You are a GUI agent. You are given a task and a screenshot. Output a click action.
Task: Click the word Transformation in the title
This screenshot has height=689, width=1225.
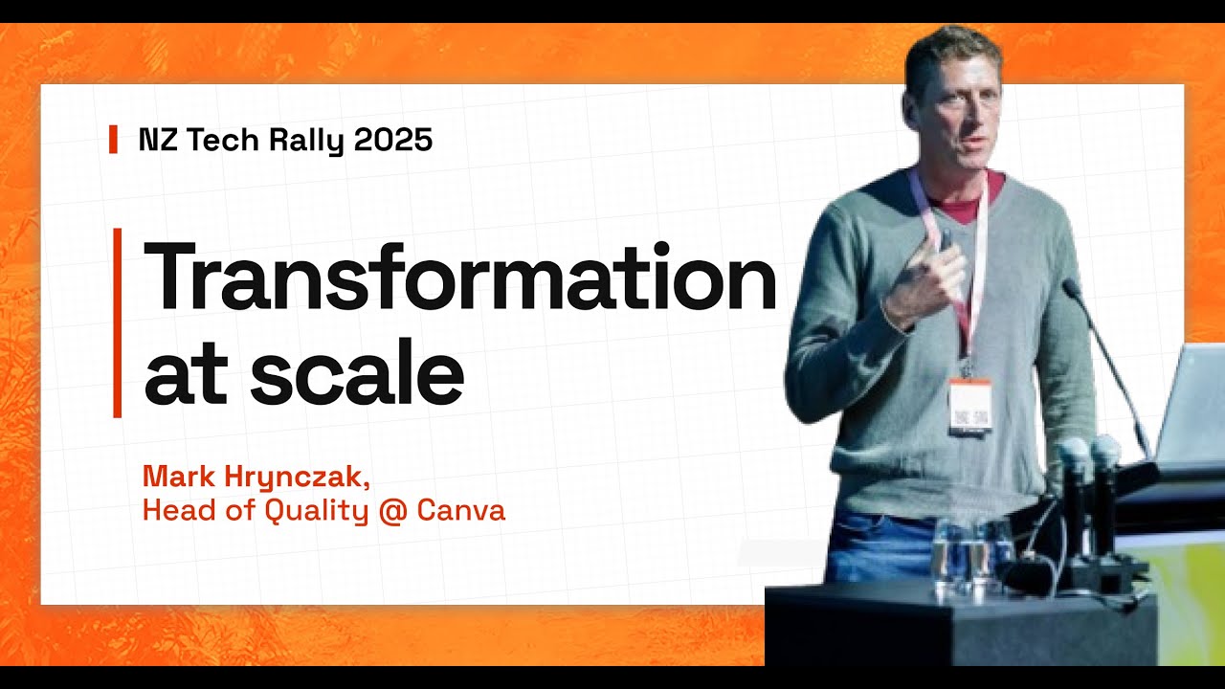(459, 277)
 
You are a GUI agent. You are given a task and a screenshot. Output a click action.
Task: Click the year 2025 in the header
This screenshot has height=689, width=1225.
(393, 140)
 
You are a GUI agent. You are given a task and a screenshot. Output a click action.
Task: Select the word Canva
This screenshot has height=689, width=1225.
(470, 511)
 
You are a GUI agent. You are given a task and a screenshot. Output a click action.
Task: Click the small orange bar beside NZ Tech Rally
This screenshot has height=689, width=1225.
(114, 140)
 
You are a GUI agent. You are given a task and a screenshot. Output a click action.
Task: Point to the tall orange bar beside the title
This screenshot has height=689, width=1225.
(118, 322)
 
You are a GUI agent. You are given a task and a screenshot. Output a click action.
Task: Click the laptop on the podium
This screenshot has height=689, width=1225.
(1192, 402)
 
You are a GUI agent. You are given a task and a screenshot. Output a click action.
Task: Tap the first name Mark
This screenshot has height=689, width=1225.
(174, 476)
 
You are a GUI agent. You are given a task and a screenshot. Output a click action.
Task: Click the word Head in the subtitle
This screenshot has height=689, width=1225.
(171, 510)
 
